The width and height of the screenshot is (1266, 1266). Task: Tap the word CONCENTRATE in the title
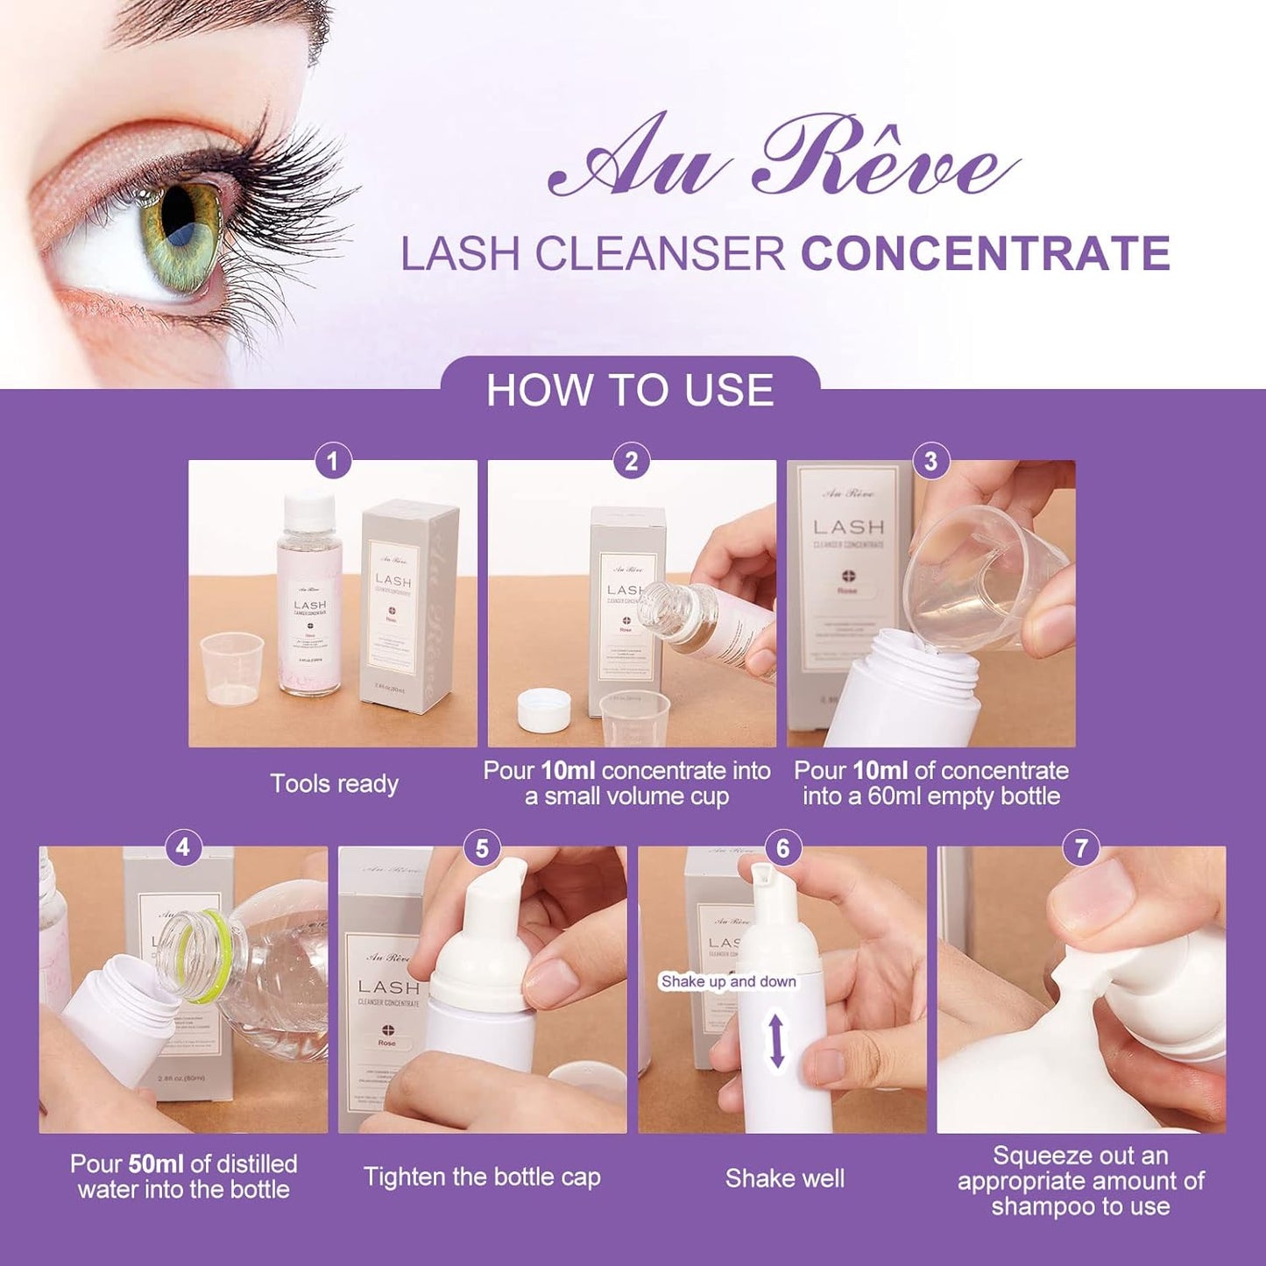985,253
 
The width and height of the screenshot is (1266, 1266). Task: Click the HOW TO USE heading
630,390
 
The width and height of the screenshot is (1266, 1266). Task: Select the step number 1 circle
332,461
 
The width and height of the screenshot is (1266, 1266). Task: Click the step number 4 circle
182,847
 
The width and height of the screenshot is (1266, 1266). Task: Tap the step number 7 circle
1081,847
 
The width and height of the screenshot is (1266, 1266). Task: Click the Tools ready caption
334,783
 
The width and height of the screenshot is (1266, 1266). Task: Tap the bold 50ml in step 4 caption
155,1163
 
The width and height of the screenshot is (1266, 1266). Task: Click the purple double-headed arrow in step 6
776,1040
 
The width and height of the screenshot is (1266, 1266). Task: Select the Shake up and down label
728,981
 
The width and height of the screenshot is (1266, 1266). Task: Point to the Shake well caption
784,1178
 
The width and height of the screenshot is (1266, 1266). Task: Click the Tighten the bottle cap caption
482,1177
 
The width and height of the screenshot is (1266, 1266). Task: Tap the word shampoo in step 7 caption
1037,1206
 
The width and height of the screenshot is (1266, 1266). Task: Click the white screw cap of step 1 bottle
309,507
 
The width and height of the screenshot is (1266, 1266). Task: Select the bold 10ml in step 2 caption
568,771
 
